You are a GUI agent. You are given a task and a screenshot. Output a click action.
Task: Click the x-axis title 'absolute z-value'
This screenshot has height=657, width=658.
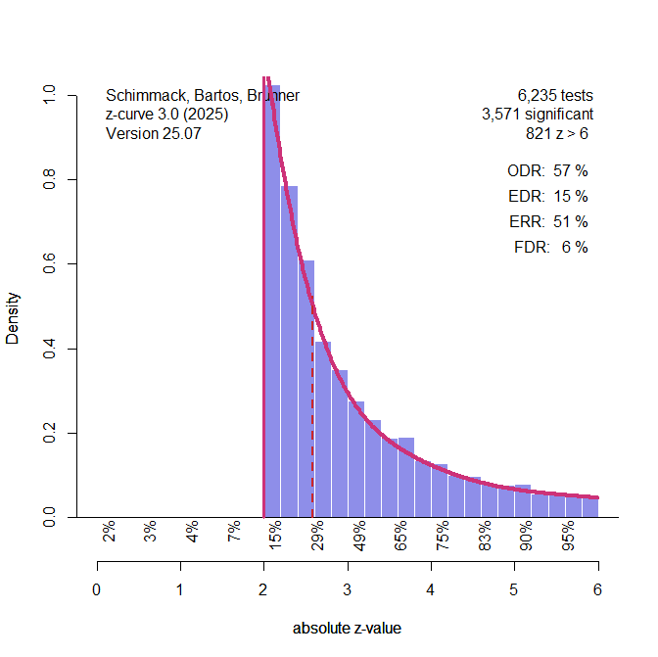347,629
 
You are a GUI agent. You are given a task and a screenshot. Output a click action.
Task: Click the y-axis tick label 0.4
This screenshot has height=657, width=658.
50,349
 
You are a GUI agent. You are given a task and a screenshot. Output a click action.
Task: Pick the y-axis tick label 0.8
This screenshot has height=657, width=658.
50,180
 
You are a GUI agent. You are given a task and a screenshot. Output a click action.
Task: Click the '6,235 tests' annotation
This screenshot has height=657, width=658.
555,96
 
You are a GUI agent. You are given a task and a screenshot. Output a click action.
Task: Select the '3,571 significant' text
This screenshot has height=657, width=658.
537,115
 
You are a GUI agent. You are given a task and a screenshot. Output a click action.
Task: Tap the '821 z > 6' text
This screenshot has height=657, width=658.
557,133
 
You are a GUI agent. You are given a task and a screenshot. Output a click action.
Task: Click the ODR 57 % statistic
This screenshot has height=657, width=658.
547,170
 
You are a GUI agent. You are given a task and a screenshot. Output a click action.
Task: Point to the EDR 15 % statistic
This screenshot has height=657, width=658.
547,196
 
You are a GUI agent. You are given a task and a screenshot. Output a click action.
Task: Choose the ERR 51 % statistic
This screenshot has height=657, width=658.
547,221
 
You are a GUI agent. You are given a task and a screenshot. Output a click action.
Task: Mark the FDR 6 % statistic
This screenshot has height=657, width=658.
550,247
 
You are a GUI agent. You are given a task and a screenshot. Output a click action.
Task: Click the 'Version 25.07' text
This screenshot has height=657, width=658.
153,133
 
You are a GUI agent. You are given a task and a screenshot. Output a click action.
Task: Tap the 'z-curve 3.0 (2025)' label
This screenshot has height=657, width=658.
167,115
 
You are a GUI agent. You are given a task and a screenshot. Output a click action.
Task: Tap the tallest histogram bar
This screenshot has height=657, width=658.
273,294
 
